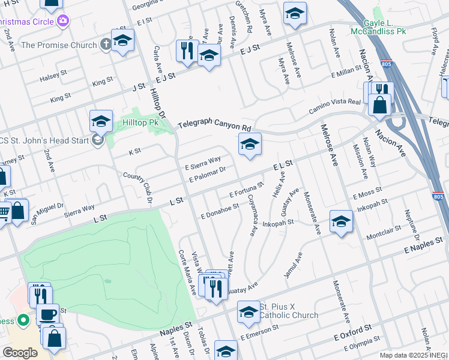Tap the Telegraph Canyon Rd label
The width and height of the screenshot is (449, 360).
214,127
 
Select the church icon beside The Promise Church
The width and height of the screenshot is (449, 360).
105,44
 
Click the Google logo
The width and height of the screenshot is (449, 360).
19,352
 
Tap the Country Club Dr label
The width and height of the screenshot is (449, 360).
139,185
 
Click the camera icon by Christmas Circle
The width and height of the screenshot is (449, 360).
63,22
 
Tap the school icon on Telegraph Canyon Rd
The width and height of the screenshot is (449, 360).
250,144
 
